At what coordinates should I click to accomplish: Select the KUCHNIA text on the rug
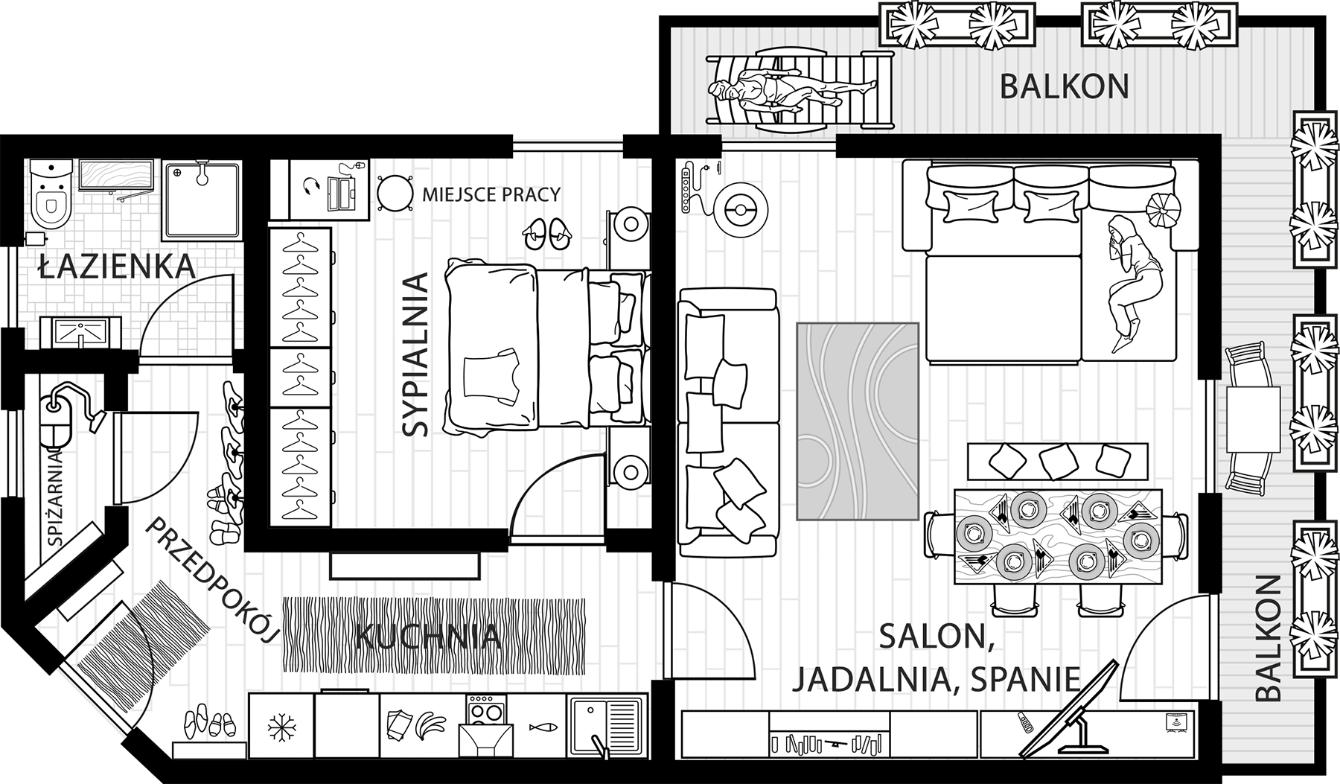click(x=427, y=637)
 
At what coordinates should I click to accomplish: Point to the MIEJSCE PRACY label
click(x=491, y=195)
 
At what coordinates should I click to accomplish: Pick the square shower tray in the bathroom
click(x=202, y=200)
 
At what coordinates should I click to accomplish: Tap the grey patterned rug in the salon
click(x=857, y=421)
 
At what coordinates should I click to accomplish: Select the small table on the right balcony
click(x=1252, y=418)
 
